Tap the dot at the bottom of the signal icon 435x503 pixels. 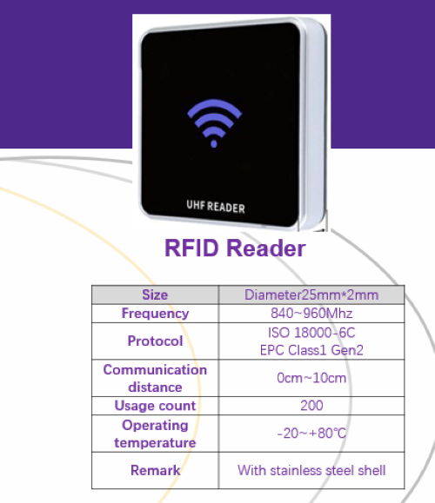[x=214, y=144]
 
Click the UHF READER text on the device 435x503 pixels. [x=216, y=207]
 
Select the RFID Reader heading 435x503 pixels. [x=235, y=248]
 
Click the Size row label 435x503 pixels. [x=155, y=295]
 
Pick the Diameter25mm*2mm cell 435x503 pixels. [x=311, y=295]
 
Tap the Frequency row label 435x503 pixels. [x=155, y=314]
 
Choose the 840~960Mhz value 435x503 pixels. [x=311, y=314]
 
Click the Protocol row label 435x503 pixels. [x=155, y=341]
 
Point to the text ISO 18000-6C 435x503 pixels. [x=311, y=333]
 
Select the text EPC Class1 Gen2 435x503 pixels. [x=311, y=350]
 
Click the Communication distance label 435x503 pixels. [x=155, y=378]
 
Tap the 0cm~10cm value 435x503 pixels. [x=311, y=378]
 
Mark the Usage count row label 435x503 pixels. [x=155, y=406]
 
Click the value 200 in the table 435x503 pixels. [x=311, y=406]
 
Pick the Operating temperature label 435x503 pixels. [x=155, y=434]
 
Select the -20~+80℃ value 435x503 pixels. [x=311, y=434]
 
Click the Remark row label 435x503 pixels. [x=155, y=471]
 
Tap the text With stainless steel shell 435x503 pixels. [x=311, y=471]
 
